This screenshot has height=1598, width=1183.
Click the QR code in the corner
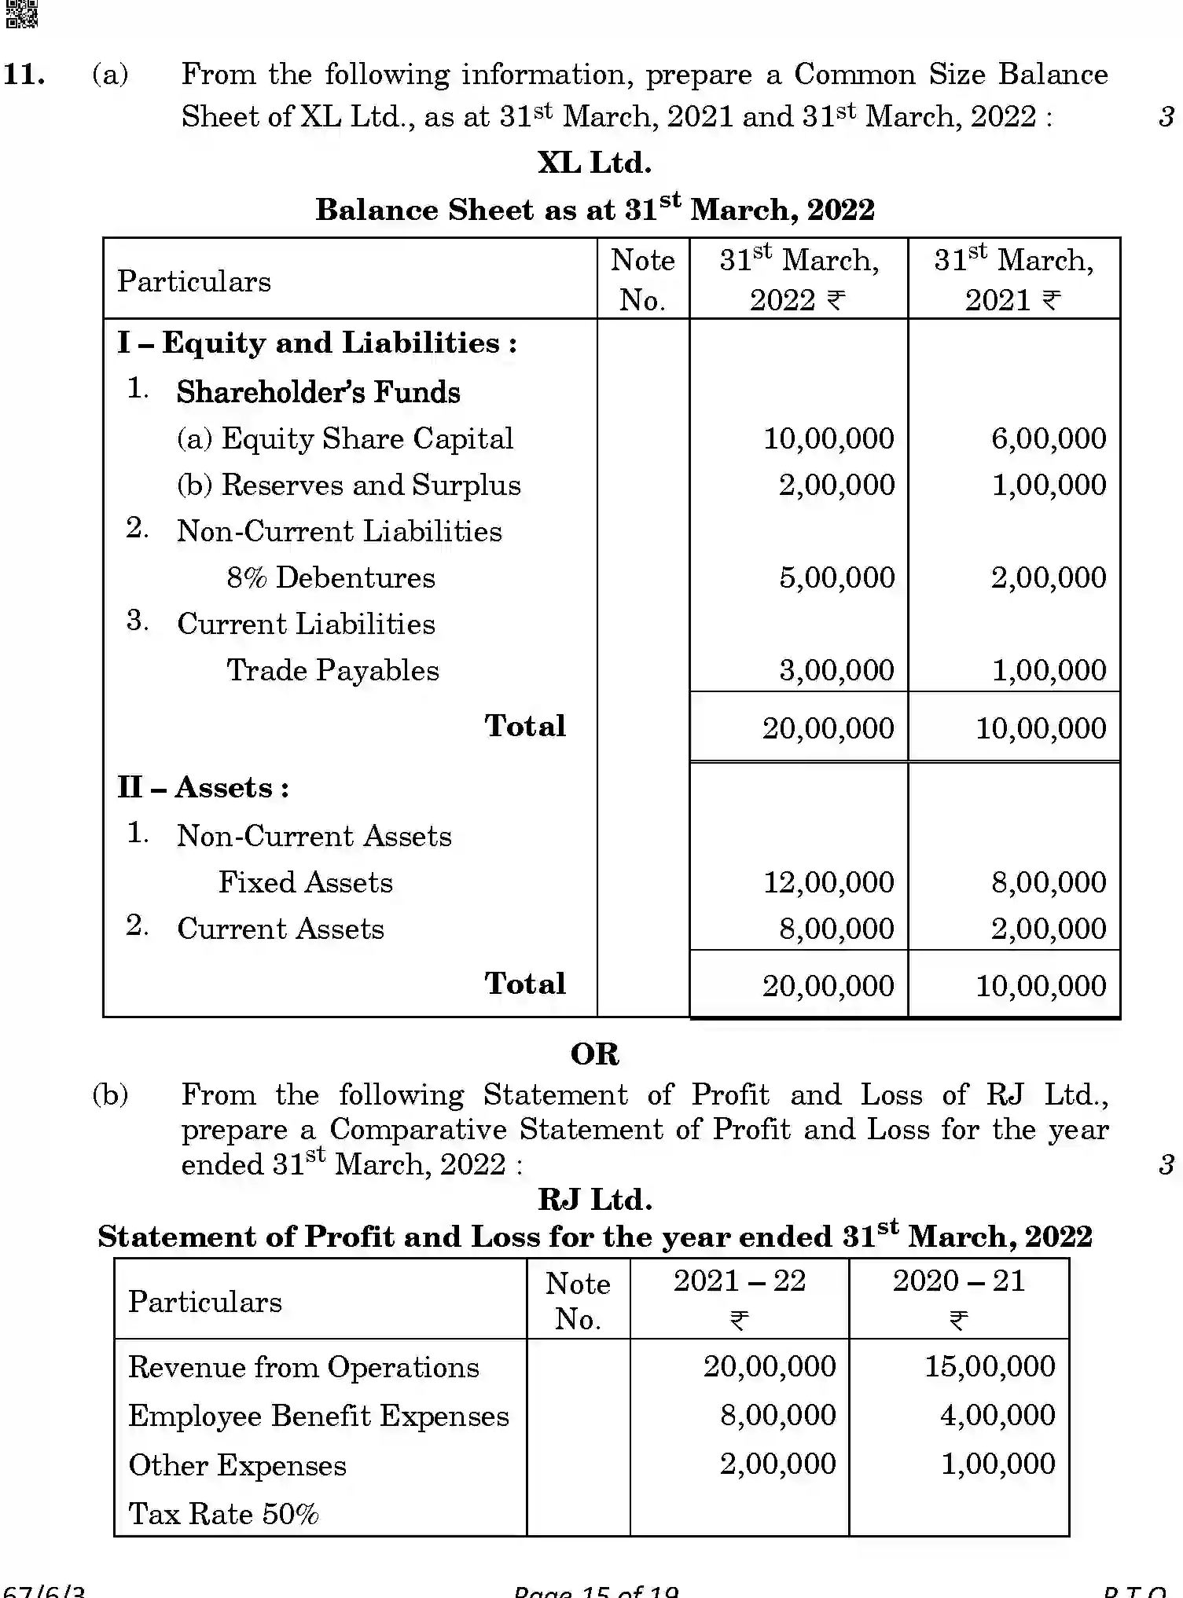21,13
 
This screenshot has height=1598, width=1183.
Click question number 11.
24,75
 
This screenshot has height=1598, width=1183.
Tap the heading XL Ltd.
594,163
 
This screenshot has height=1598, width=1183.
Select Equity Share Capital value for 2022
828,438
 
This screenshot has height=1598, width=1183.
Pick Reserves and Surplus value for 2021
1049,485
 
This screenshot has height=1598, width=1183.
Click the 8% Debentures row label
330,577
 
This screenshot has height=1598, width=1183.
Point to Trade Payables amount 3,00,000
836,670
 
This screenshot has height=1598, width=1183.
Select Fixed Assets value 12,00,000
828,882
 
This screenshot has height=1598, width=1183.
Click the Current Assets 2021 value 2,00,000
1049,929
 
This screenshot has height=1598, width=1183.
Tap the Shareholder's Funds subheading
318,392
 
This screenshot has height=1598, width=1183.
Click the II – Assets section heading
204,787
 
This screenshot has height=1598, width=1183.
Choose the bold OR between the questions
594,1054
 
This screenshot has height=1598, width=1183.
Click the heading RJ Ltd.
594,1200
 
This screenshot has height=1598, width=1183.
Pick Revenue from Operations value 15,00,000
989,1366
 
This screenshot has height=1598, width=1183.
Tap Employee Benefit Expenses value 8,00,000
777,1415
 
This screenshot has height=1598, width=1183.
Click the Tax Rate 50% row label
223,1514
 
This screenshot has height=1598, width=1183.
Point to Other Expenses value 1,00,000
997,1464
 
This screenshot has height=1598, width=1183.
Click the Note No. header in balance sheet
642,280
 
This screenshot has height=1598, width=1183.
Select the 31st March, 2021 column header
1013,280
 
